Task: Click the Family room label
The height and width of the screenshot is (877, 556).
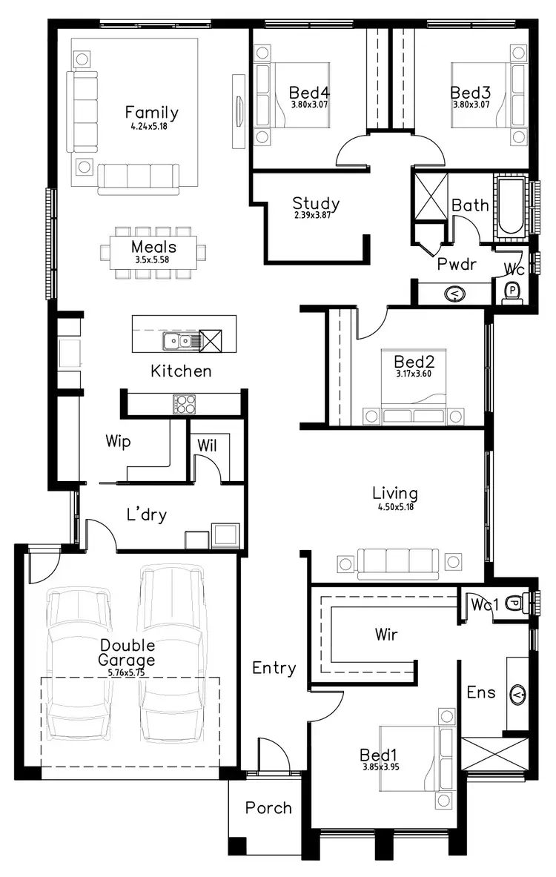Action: [x=151, y=113]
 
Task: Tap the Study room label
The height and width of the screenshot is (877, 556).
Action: [x=316, y=203]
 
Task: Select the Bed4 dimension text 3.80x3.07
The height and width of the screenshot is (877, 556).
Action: [x=309, y=105]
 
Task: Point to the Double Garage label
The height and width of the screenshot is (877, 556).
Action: [x=128, y=652]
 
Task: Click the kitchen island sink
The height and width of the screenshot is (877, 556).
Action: [x=177, y=341]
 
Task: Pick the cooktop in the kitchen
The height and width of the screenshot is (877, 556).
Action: [x=185, y=404]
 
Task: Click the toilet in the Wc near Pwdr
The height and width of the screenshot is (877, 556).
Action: [x=512, y=291]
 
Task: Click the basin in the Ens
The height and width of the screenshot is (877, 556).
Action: [x=517, y=695]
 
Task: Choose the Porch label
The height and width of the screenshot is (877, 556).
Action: [x=268, y=808]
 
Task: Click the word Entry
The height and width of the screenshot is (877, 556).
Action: [x=274, y=668]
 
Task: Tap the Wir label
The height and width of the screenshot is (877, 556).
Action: [x=385, y=635]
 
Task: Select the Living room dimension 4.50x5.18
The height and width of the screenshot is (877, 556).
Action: [x=394, y=507]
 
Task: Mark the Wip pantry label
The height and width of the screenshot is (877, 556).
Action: [x=118, y=442]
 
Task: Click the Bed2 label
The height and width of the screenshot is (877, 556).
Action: [x=414, y=362]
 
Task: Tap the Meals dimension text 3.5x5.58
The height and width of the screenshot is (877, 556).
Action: [x=153, y=261]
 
